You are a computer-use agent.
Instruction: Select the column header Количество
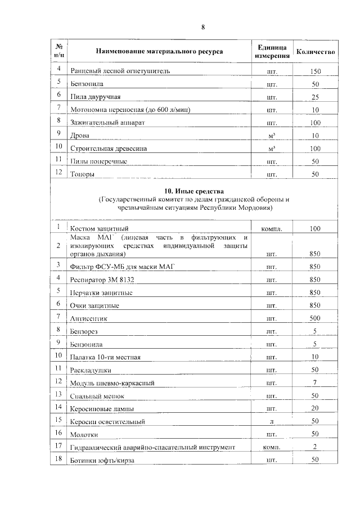pyautogui.click(x=316, y=52)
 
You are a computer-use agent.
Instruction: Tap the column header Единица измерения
pyautogui.click(x=272, y=52)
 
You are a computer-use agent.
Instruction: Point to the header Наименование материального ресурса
pyautogui.click(x=159, y=52)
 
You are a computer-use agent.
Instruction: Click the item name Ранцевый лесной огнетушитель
pyautogui.click(x=119, y=71)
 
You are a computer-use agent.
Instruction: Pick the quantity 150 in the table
pyautogui.click(x=315, y=72)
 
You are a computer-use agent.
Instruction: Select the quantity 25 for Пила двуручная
pyautogui.click(x=315, y=97)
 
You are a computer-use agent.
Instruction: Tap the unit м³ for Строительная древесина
pyautogui.click(x=272, y=148)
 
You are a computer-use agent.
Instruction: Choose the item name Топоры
pyautogui.click(x=82, y=174)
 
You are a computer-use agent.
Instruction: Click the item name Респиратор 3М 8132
pyautogui.click(x=102, y=280)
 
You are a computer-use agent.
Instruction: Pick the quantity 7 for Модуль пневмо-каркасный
pyautogui.click(x=315, y=383)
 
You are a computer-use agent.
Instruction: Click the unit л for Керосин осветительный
pyautogui.click(x=272, y=421)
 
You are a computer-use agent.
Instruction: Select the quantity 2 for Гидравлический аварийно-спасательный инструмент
pyautogui.click(x=315, y=447)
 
